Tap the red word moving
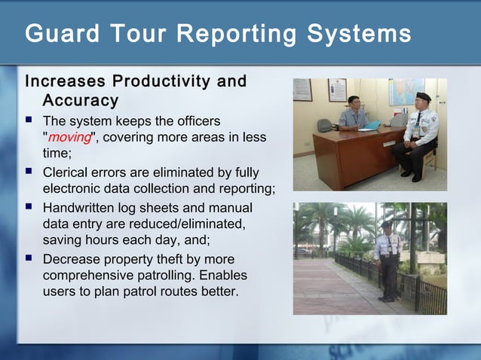point(69,137)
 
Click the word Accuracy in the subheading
point(80,100)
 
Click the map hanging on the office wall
point(406,91)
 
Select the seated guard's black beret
point(424,96)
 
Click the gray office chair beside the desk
point(325,125)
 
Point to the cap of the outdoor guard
point(387,224)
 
